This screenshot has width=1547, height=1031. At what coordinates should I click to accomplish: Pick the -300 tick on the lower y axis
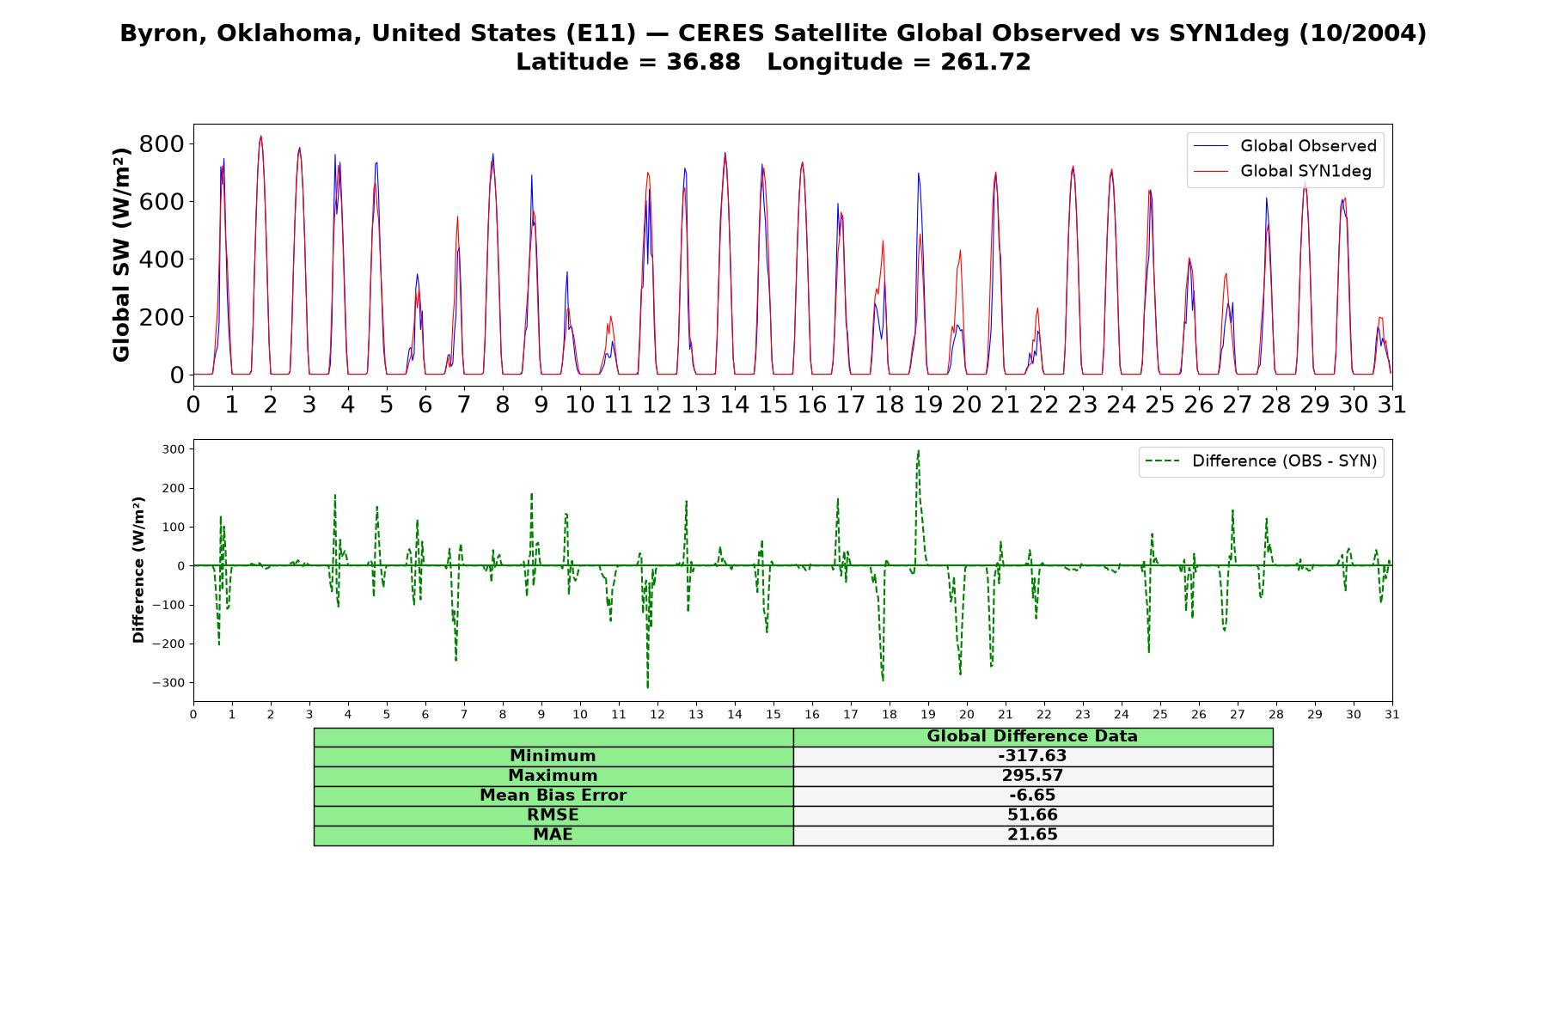click(168, 683)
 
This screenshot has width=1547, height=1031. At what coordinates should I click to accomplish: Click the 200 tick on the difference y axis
click(174, 488)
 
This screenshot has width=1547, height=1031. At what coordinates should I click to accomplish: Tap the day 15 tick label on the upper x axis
click(773, 404)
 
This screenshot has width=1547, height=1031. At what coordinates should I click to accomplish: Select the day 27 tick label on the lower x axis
click(1237, 715)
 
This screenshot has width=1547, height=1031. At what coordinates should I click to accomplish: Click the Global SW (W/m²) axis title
click(121, 254)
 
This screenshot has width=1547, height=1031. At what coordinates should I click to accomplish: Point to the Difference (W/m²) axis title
click(138, 570)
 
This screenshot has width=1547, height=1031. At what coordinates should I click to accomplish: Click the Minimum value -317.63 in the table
click(1032, 756)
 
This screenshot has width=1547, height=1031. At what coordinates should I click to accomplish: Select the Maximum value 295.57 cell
click(1032, 776)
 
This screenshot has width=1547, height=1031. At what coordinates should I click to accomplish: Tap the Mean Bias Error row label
click(553, 796)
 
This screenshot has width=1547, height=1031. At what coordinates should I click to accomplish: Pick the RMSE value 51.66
click(1032, 815)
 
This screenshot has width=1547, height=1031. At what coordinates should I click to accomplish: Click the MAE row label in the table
click(553, 835)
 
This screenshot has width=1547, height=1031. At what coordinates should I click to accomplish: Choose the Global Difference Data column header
click(1032, 736)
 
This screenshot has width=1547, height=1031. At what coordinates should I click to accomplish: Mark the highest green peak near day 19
click(918, 450)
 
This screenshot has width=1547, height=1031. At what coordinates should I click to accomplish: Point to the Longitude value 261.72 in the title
click(984, 62)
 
